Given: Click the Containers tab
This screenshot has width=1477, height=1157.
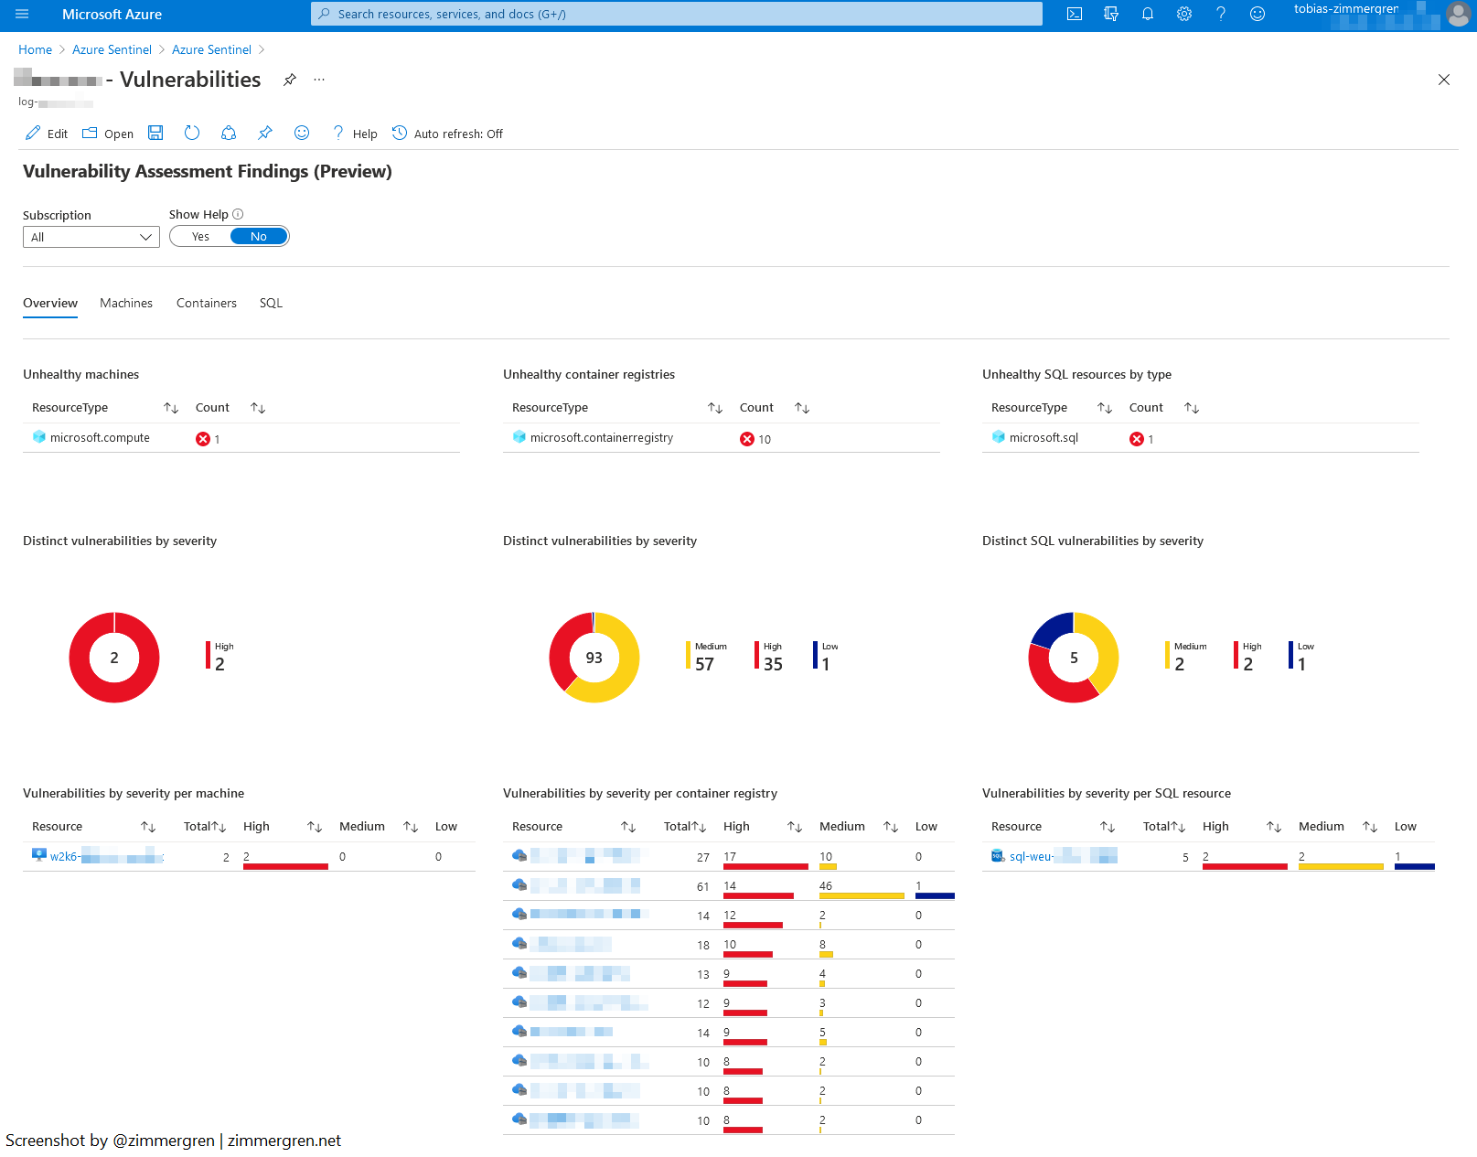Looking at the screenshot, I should pyautogui.click(x=206, y=303).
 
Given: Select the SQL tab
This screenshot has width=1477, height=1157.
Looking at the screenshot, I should pyautogui.click(x=271, y=303).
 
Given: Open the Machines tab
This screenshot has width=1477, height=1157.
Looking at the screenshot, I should pyautogui.click(x=126, y=303).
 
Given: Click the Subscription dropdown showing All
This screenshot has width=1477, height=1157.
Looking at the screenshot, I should pyautogui.click(x=91, y=237).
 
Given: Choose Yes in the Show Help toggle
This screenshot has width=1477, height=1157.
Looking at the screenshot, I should pyautogui.click(x=200, y=237).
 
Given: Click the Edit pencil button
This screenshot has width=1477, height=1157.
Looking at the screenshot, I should pyautogui.click(x=46, y=134).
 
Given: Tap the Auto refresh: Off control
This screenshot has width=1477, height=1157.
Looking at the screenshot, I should pyautogui.click(x=448, y=134).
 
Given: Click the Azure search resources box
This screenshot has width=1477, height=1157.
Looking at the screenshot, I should pyautogui.click(x=677, y=14).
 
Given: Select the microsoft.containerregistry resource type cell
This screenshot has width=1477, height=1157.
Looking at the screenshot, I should pyautogui.click(x=601, y=438).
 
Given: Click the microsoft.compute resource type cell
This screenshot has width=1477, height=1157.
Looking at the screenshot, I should pyautogui.click(x=100, y=438).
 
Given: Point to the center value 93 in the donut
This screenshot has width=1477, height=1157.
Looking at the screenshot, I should pyautogui.click(x=594, y=658).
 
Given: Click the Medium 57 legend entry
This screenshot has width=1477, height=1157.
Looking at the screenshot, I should pyautogui.click(x=706, y=657).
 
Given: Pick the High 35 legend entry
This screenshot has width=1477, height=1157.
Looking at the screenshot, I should pyautogui.click(x=770, y=657).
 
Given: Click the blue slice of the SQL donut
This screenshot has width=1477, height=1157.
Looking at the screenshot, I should pyautogui.click(x=1050, y=628).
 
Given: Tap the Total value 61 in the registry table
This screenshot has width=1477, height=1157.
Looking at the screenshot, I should pyautogui.click(x=702, y=887).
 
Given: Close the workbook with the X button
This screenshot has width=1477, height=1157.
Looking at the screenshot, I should pyautogui.click(x=1444, y=80).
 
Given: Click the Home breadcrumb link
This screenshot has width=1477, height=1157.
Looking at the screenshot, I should pyautogui.click(x=35, y=49).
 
